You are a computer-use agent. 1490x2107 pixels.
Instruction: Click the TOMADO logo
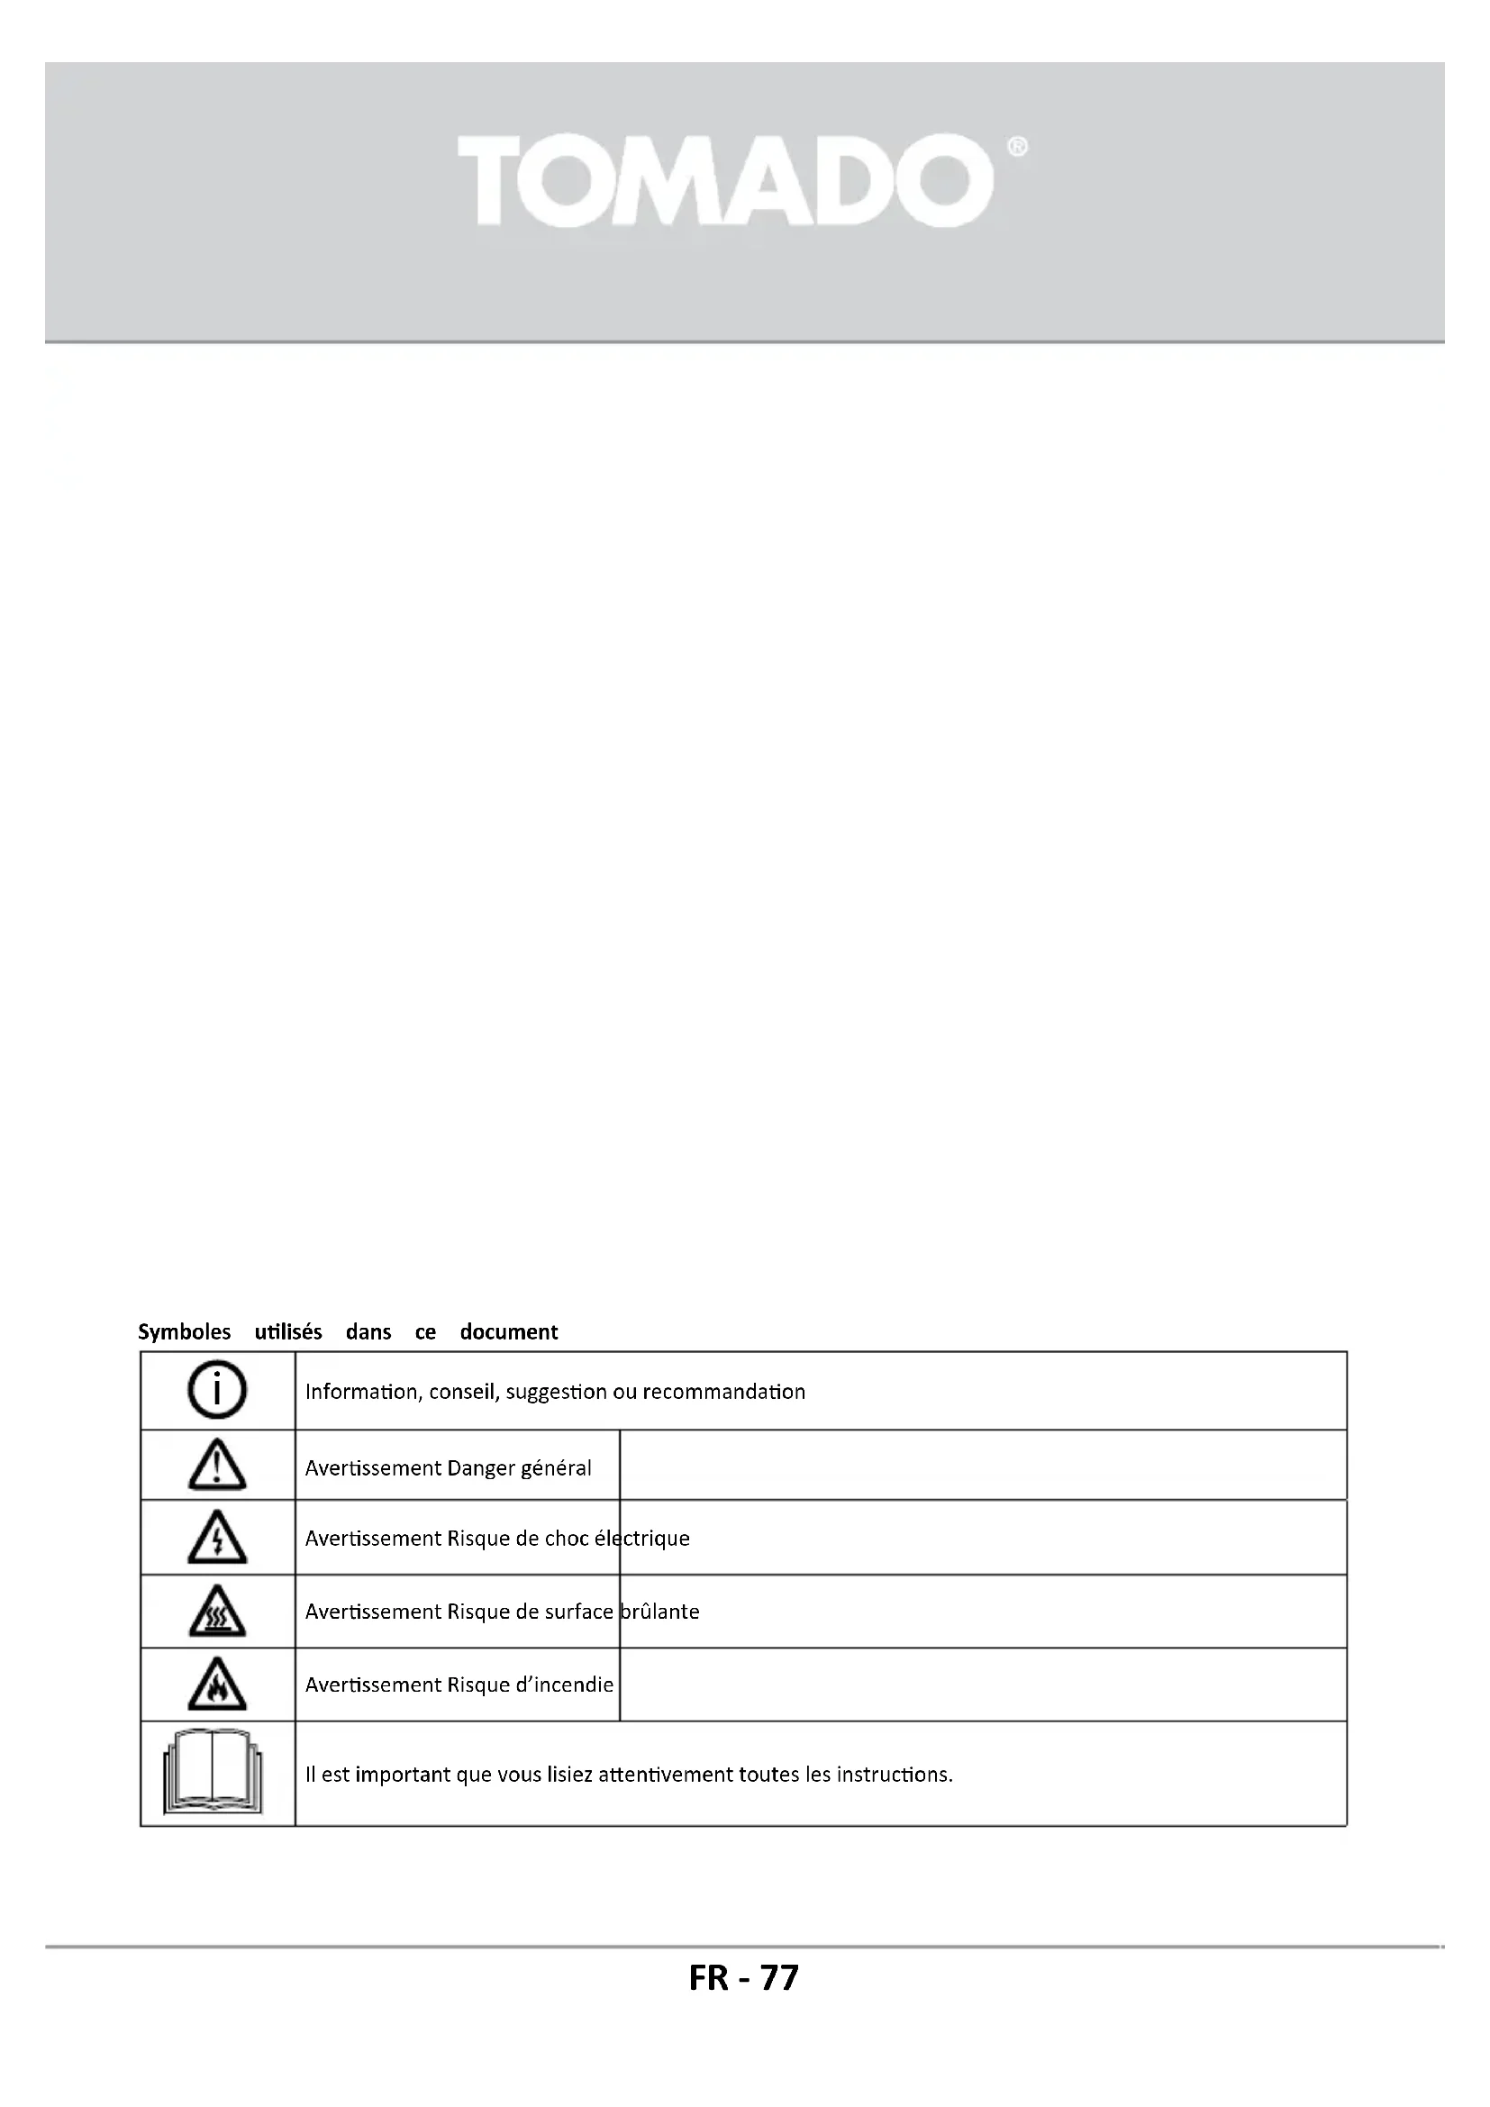[725, 181]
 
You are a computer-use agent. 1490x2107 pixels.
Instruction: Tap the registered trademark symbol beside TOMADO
[1017, 147]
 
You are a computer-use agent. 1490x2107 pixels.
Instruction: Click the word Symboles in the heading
[185, 1331]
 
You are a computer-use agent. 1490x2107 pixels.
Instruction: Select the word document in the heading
[508, 1331]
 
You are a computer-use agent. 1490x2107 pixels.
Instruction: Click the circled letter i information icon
[217, 1391]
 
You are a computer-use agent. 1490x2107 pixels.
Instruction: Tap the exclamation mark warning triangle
[217, 1466]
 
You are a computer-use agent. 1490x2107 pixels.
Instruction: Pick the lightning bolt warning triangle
[217, 1538]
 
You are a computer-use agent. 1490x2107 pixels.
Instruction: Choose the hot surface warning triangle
[217, 1612]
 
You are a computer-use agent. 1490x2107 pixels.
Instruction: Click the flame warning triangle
[217, 1685]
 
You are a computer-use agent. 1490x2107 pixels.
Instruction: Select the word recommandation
[724, 1392]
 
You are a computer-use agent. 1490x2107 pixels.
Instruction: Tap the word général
[556, 1468]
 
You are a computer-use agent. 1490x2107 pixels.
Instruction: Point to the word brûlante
[659, 1612]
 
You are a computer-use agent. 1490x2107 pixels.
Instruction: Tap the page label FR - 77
[744, 1977]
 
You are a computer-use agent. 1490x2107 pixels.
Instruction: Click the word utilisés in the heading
[288, 1331]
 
